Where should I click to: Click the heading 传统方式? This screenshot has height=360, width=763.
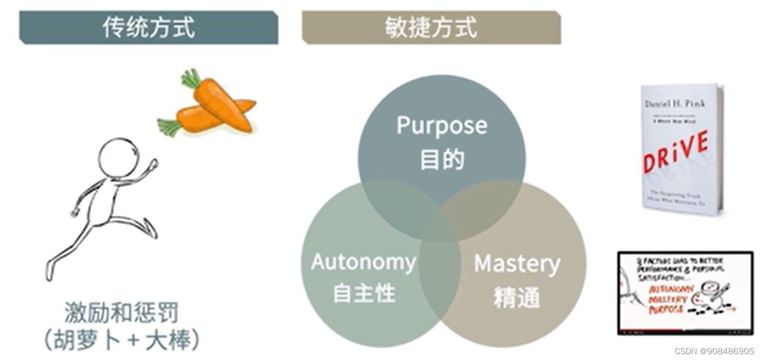(x=148, y=27)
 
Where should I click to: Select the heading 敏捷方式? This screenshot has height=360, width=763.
(x=431, y=27)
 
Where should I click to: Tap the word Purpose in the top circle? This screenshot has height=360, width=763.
(x=441, y=125)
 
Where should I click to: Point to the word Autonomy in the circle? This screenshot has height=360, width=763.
(x=363, y=262)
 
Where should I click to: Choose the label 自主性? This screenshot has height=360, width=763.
(x=364, y=293)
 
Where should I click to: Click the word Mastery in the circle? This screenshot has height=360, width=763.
(x=517, y=264)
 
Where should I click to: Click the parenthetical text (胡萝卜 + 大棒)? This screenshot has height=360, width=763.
(x=121, y=341)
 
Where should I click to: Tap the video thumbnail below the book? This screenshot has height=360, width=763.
(x=685, y=293)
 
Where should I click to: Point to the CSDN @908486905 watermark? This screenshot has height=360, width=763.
(x=713, y=351)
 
